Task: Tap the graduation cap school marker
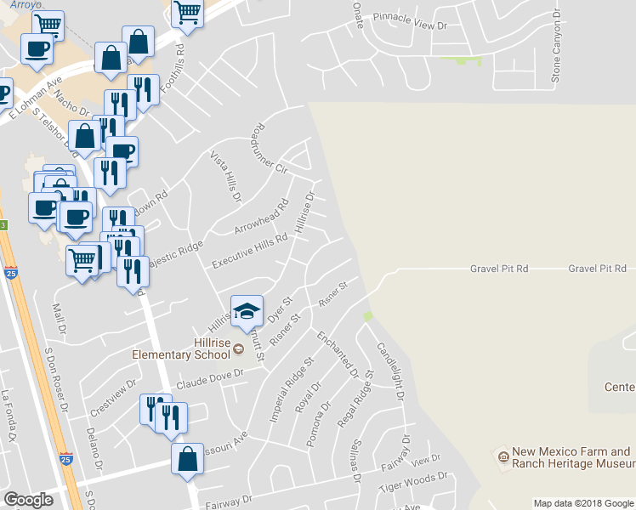pos(247,312)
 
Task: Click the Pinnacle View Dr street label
pos(412,26)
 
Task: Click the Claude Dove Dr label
pos(210,379)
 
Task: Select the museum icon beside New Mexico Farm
pos(503,458)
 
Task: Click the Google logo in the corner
pos(29,500)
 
